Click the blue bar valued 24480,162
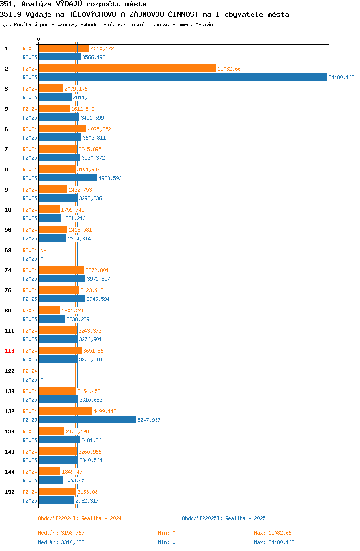(x=183, y=77)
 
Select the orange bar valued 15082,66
(x=127, y=68)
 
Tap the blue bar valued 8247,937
(x=87, y=419)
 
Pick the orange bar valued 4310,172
(x=64, y=48)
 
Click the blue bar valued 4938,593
(x=68, y=178)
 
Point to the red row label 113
(x=10, y=351)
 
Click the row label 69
(x=8, y=250)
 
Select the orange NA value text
(x=43, y=250)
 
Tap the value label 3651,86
(x=93, y=351)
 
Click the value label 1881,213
(x=74, y=218)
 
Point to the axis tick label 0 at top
(x=39, y=39)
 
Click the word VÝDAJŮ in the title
(x=69, y=4)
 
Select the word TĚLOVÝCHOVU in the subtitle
(x=93, y=14)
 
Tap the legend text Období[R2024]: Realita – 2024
(x=80, y=518)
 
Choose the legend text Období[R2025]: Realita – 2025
(x=224, y=518)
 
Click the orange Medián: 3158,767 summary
(x=61, y=533)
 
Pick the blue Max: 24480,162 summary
(x=274, y=542)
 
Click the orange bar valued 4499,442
(x=65, y=411)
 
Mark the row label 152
(x=10, y=492)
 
